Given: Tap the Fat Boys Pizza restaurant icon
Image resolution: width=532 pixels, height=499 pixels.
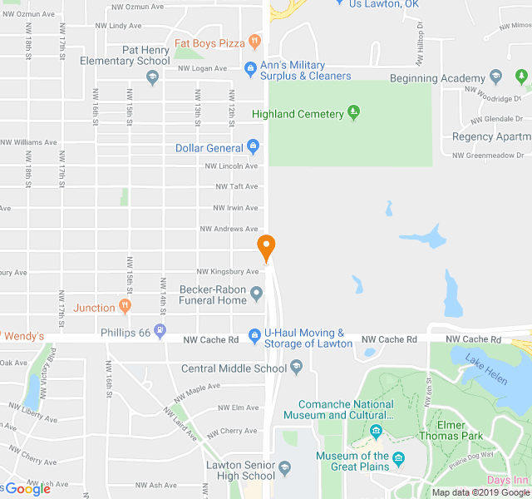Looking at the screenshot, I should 254,42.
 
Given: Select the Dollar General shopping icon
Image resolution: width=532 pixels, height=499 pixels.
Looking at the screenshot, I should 254,148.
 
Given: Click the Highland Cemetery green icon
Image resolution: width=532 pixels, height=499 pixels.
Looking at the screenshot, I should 353,113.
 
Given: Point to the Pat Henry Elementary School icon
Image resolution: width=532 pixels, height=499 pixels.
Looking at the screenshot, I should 152,77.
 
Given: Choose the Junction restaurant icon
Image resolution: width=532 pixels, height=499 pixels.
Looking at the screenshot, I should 125,307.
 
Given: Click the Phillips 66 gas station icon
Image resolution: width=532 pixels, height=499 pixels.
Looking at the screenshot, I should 160,333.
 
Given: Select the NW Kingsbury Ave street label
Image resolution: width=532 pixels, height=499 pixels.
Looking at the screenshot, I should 228,272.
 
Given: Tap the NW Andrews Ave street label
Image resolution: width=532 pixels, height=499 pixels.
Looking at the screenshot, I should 229,229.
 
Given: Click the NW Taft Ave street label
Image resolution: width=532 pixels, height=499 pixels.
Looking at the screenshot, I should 236,186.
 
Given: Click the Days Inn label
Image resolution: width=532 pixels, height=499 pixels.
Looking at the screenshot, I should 509,481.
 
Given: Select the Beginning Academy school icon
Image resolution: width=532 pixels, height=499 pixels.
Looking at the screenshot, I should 496,78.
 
